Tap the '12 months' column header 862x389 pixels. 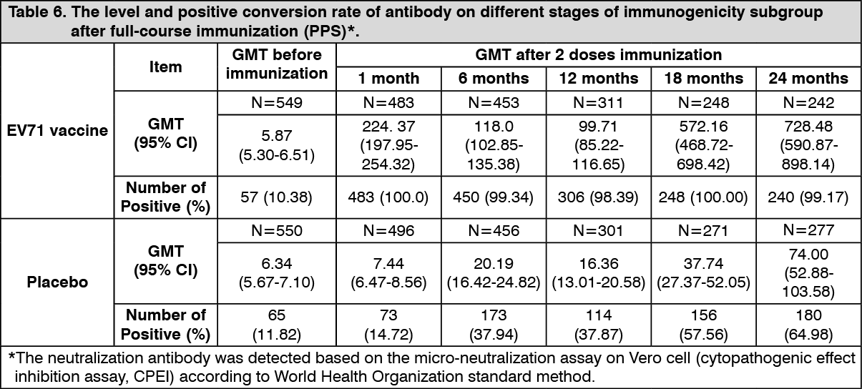[x=599, y=78]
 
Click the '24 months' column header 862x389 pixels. [x=808, y=78]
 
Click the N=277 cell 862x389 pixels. [x=808, y=231]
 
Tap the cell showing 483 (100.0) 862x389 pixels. [x=388, y=197]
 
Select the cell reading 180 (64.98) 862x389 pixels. [x=808, y=325]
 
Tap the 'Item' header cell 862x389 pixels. [x=165, y=67]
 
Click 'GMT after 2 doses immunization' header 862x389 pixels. [x=598, y=54]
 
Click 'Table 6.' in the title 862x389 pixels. [x=34, y=13]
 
